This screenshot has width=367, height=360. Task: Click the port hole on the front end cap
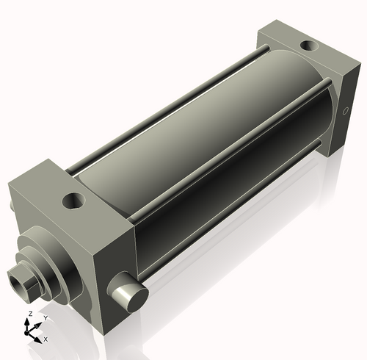point(74,199)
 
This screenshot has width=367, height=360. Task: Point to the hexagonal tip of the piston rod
point(22,281)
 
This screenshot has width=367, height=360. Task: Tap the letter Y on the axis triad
point(45,318)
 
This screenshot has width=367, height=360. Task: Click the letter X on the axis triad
point(46,339)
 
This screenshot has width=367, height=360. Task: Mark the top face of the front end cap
point(66,191)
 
